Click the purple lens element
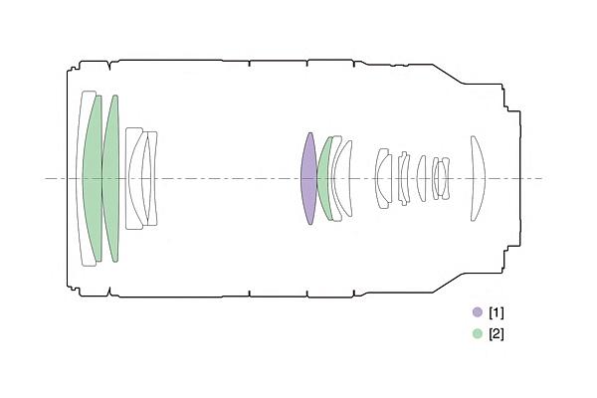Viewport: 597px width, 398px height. coord(309,178)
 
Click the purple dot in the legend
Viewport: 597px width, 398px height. coord(477,312)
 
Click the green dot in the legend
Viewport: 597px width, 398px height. coord(477,333)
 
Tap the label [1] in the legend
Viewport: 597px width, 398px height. coord(497,312)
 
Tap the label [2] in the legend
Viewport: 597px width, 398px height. coord(497,334)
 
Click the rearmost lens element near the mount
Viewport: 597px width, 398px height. coord(479,178)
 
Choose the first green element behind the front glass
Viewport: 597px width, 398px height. coord(93,178)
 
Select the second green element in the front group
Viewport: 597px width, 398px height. coord(111,178)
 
